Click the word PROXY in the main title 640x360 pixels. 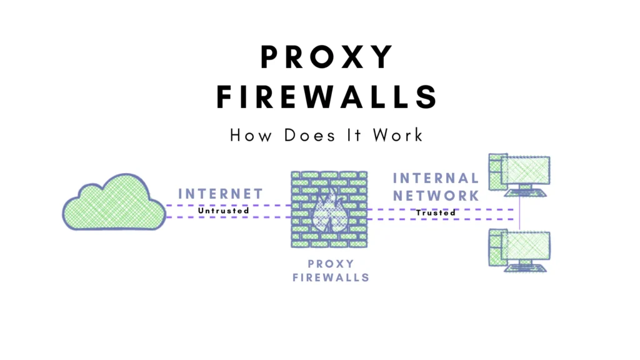[327, 57]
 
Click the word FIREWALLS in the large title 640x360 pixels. [327, 98]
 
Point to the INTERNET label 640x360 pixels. [221, 194]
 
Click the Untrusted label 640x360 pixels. [224, 211]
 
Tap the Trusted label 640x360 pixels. [436, 212]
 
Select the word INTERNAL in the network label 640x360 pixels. [436, 179]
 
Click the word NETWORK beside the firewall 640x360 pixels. [436, 195]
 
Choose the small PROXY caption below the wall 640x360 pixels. [331, 263]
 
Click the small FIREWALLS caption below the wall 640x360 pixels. [331, 277]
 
